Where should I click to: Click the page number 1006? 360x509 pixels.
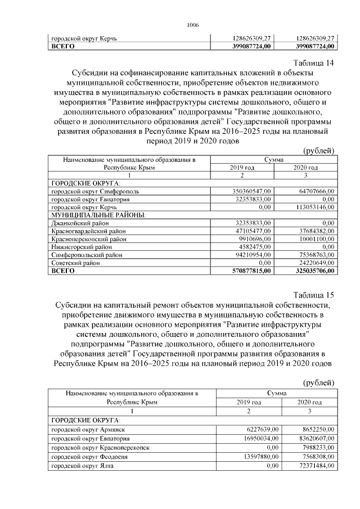pyautogui.click(x=192, y=25)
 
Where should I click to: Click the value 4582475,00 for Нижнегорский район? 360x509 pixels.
pyautogui.click(x=254, y=246)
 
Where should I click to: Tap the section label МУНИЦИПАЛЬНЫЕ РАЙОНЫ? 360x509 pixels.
pyautogui.click(x=98, y=215)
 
